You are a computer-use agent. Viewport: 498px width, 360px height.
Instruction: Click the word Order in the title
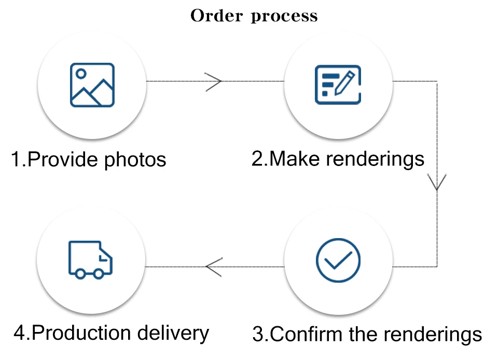pos(217,16)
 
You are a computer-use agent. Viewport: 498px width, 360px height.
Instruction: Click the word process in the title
pos(284,17)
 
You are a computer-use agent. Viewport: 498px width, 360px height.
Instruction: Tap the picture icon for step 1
pos(92,85)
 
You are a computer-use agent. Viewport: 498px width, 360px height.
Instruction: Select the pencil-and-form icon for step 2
pos(338,85)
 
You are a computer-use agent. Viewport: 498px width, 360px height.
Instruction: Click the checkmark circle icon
pos(338,260)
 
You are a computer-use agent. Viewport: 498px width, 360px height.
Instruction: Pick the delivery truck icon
pos(90,260)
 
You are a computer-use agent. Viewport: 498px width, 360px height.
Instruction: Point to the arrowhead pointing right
pos(213,82)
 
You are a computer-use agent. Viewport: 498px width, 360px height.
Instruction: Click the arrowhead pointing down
pos(437,182)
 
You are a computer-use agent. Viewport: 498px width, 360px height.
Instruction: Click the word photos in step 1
pos(135,160)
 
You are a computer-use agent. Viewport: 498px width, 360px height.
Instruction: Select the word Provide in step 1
pos(63,159)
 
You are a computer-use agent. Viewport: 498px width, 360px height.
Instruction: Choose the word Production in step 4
pos(81,333)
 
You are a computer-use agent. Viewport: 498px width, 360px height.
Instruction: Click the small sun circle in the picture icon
pos(81,74)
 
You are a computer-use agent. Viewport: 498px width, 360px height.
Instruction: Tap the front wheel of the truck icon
pos(99,274)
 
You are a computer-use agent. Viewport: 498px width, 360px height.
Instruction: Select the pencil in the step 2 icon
pos(344,83)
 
